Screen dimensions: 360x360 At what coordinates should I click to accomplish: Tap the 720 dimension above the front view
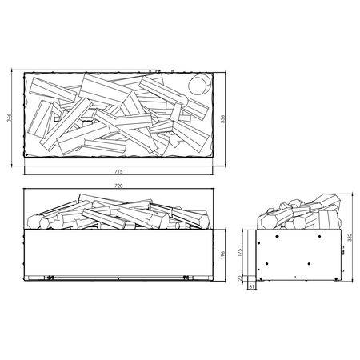pos(118,186)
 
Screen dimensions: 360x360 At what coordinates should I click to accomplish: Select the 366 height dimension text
pos(10,118)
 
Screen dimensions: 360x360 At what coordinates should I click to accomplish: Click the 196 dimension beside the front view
pos(230,254)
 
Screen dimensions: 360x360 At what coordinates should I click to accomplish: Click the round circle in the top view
pos(197,86)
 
